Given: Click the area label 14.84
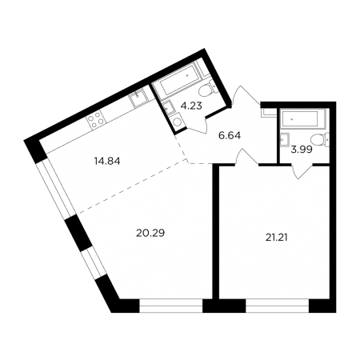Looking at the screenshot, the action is click(107, 161).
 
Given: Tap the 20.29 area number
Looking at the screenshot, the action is click(150, 233).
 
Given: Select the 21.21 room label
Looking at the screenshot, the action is click(277, 237).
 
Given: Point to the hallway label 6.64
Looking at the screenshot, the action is click(230, 135).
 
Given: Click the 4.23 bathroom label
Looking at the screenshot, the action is click(191, 106).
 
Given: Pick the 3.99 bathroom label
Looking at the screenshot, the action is click(302, 150).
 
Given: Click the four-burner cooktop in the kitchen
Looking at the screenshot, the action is click(96, 119).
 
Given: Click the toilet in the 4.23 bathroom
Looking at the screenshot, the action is click(206, 90).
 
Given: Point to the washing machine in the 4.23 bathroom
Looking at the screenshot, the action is click(176, 122).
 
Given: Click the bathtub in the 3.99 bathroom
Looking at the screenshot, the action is click(302, 119).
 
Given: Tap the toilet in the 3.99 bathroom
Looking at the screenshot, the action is click(319, 140).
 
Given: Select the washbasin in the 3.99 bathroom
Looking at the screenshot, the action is click(283, 139).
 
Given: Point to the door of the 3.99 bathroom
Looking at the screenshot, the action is click(302, 171).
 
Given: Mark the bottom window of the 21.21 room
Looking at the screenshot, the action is click(277, 306).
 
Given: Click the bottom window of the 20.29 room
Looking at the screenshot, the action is click(171, 306).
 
